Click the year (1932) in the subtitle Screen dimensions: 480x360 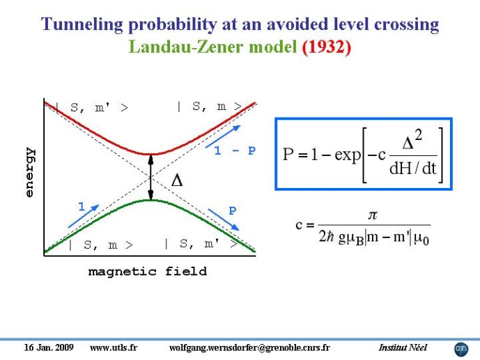point(326,47)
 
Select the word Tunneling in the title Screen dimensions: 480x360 point(82,24)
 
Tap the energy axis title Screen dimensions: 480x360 point(30,172)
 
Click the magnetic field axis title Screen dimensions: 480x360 point(148,272)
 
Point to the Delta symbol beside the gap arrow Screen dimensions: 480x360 point(177,180)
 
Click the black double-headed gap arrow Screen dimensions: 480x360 point(150,178)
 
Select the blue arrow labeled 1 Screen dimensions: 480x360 point(84,217)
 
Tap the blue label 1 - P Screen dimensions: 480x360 point(235,150)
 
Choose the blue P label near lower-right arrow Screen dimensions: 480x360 point(233,211)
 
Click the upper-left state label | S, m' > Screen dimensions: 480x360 point(92,108)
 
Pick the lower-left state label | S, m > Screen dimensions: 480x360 point(101,244)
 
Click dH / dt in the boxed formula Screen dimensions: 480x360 point(412,169)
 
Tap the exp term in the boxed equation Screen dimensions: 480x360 point(348,155)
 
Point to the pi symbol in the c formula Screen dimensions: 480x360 point(373,215)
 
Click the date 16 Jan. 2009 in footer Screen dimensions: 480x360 point(49,347)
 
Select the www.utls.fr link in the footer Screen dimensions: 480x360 point(114,347)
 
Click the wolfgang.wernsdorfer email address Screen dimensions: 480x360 point(249,347)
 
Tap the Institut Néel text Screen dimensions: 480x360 point(403,347)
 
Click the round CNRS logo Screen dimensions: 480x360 point(461,350)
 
